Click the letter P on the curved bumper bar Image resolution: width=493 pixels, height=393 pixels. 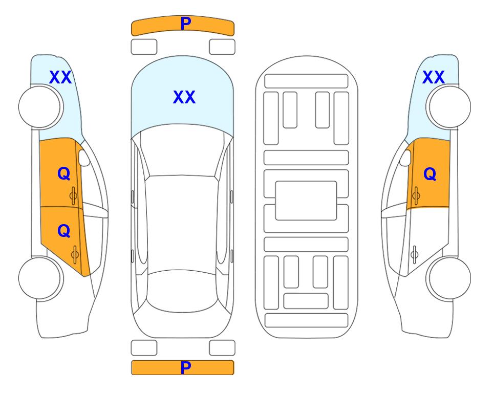185,23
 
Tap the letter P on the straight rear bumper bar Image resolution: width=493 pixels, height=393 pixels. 185,367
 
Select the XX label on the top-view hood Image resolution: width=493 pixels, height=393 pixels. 184,97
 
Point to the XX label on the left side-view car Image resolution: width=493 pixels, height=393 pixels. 60,77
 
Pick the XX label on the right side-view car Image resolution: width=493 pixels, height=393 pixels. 433,77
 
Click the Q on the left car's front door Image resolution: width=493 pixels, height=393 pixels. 64,173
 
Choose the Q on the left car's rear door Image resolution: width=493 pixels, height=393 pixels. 64,231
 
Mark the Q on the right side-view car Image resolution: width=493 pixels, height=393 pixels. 430,173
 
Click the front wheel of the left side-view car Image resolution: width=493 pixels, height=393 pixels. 41,107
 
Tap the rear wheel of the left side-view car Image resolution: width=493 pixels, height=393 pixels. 41,278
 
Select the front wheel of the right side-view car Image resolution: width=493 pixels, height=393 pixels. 448,107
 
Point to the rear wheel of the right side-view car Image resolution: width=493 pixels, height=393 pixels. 448,278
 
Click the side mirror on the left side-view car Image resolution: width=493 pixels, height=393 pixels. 84,158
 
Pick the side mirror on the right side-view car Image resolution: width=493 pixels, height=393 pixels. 405,158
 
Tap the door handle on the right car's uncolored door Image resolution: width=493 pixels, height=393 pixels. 415,254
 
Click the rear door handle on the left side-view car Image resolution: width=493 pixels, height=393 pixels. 75,254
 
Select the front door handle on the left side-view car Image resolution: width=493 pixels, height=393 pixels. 74,196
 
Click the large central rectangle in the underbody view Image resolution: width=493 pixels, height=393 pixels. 306,201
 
